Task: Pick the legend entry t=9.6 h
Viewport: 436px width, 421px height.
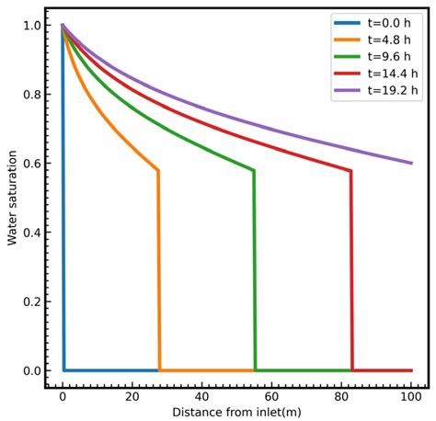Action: point(378,57)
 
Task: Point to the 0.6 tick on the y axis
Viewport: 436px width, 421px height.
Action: point(46,164)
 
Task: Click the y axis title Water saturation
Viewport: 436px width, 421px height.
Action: point(12,199)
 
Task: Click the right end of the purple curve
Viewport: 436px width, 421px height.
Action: point(412,163)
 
